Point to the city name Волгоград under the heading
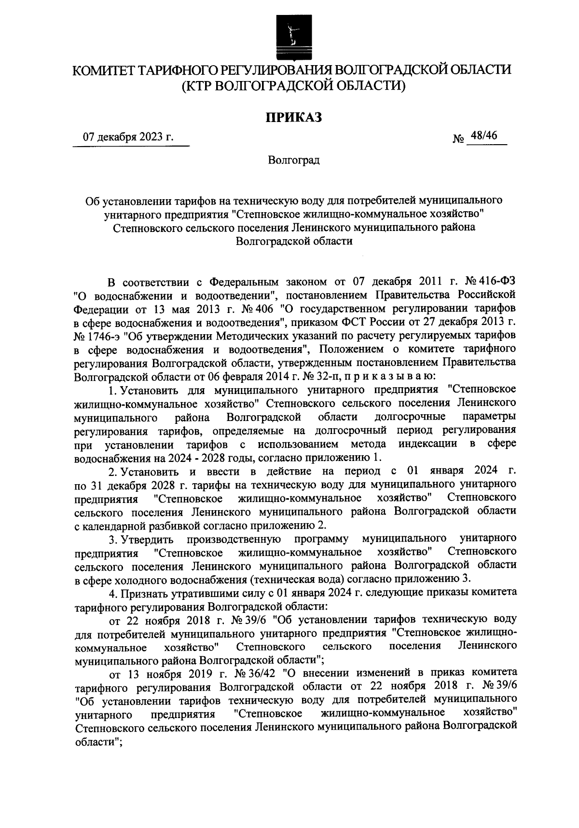click(294, 160)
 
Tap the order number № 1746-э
click(96, 334)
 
